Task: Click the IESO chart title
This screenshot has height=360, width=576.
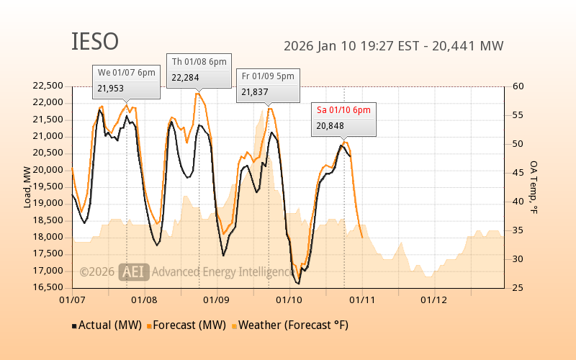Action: pyautogui.click(x=95, y=42)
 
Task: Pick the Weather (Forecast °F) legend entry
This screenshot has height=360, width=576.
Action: pyautogui.click(x=292, y=325)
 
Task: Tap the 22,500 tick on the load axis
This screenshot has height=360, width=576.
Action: pyautogui.click(x=48, y=86)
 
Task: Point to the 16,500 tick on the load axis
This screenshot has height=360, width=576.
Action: pyautogui.click(x=48, y=287)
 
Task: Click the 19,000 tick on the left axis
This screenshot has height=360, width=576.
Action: pyautogui.click(x=48, y=204)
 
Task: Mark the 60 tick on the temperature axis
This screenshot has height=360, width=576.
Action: pyautogui.click(x=519, y=86)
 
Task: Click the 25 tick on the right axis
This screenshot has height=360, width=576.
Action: pyautogui.click(x=519, y=288)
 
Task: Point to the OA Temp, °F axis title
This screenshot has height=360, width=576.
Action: pyautogui.click(x=534, y=187)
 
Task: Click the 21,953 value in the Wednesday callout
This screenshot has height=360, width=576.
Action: pyautogui.click(x=111, y=89)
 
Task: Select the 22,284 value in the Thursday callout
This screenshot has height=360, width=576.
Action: pyautogui.click(x=184, y=78)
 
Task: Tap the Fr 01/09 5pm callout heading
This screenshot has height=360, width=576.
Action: pyautogui.click(x=268, y=76)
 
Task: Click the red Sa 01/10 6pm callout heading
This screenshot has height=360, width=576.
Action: pyautogui.click(x=343, y=109)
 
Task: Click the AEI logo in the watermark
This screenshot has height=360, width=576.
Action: pyautogui.click(x=134, y=271)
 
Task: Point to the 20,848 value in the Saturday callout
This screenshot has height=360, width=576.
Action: pyautogui.click(x=330, y=126)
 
